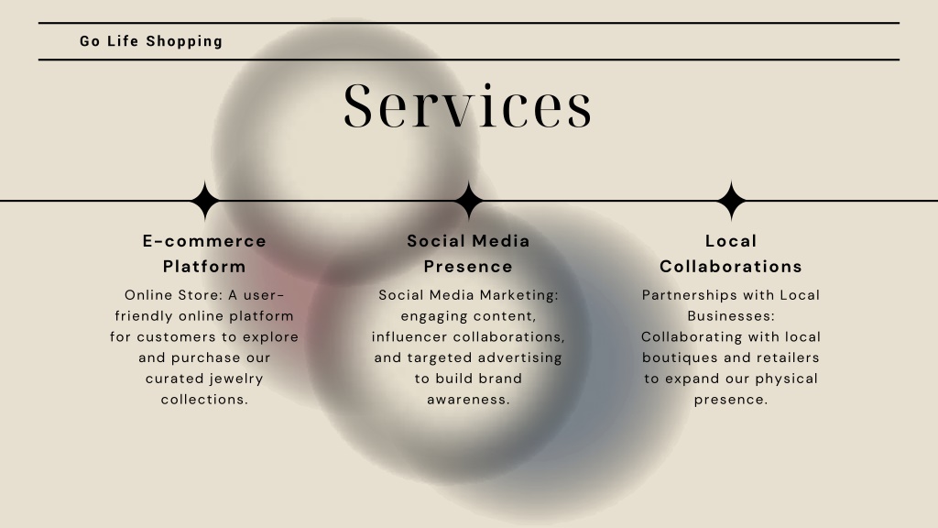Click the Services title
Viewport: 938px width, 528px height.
tap(468, 106)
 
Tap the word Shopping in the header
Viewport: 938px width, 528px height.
tap(184, 41)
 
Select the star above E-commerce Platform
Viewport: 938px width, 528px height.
tap(205, 201)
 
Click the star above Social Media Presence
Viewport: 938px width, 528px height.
tap(468, 201)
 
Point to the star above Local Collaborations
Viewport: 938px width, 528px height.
tap(731, 201)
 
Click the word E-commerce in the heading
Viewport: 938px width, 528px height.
tap(204, 241)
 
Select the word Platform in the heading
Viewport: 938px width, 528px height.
tap(204, 267)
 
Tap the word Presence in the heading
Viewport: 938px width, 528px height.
tap(468, 267)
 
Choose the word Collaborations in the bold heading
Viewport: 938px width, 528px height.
tap(731, 267)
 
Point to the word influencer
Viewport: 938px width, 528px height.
tap(409, 337)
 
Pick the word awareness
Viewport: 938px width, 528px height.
tap(468, 400)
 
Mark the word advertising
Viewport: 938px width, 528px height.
tap(520, 358)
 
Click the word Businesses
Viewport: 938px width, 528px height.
tap(731, 316)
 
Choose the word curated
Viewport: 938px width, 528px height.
tap(173, 379)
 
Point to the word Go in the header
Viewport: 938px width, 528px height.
tap(90, 41)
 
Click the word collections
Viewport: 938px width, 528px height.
tap(204, 400)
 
